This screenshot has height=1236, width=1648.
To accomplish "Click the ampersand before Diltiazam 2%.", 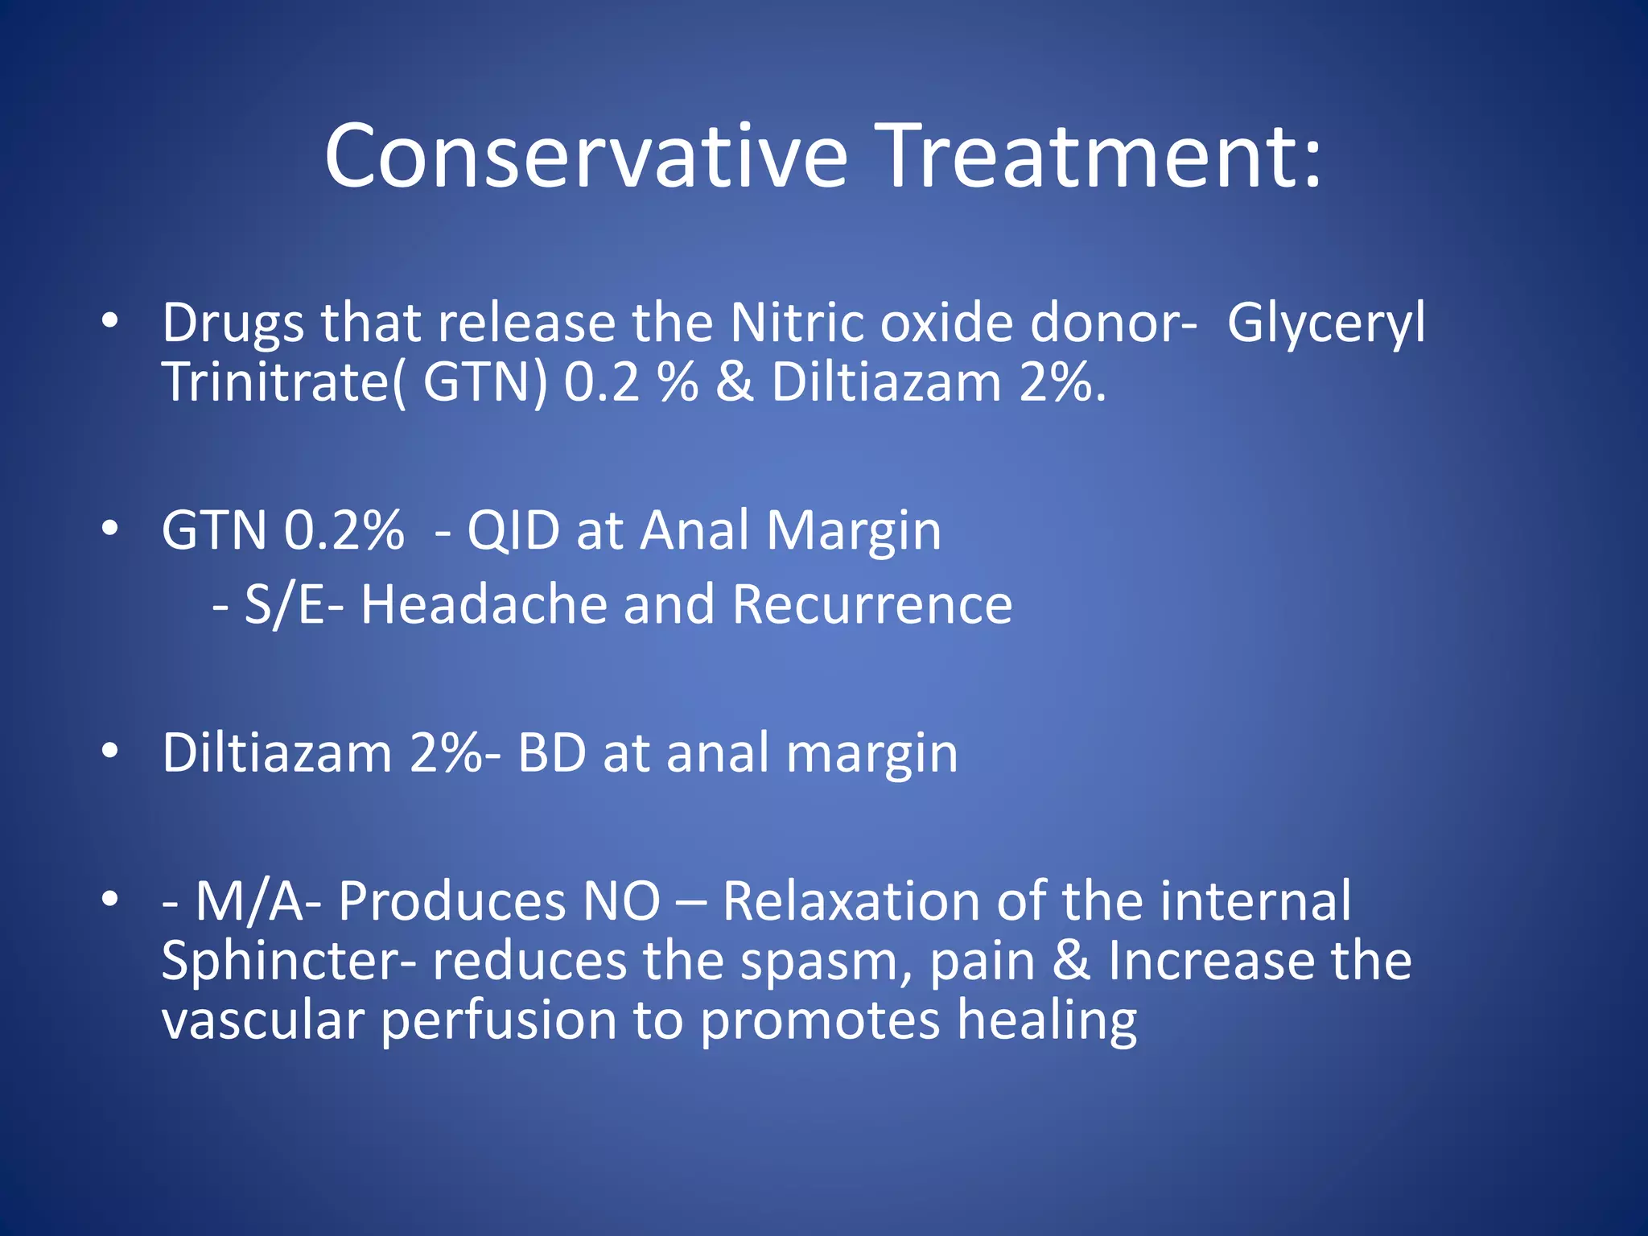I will coord(734,382).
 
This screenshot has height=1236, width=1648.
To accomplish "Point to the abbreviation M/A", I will coord(249,901).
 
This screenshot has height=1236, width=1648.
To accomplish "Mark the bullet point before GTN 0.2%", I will coord(110,529).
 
